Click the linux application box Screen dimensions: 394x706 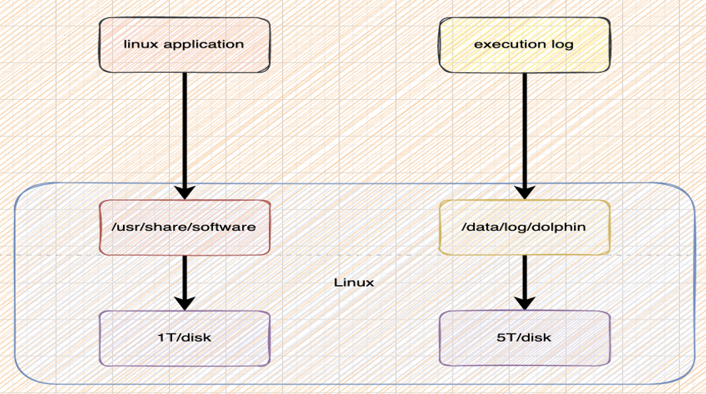pyautogui.click(x=184, y=44)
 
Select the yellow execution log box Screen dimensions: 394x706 pyautogui.click(x=524, y=44)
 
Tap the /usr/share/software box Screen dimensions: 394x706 pyautogui.click(x=184, y=226)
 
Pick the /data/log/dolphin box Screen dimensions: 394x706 pyautogui.click(x=524, y=226)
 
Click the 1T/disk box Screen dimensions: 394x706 pyautogui.click(x=184, y=337)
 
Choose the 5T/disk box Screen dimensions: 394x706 pyautogui.click(x=524, y=337)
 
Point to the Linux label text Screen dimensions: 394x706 pyautogui.click(x=354, y=283)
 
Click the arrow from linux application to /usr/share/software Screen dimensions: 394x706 pyautogui.click(x=184, y=131)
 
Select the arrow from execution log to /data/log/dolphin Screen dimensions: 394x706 pyautogui.click(x=524, y=131)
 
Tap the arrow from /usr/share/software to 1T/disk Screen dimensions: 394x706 pyautogui.click(x=184, y=279)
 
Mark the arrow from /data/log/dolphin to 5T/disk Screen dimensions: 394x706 pyautogui.click(x=524, y=279)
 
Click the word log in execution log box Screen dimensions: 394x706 pyautogui.click(x=562, y=44)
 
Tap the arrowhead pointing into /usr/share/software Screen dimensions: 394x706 pyautogui.click(x=184, y=192)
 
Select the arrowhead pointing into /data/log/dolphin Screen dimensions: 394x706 pyautogui.click(x=524, y=192)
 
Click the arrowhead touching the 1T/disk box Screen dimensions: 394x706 pyautogui.click(x=184, y=302)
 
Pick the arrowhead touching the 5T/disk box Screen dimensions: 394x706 pyautogui.click(x=524, y=302)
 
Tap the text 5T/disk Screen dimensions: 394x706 pyautogui.click(x=524, y=337)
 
